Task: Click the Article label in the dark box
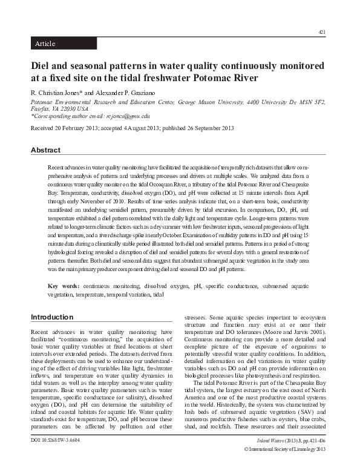pos(45,44)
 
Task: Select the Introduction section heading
pos(52,317)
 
